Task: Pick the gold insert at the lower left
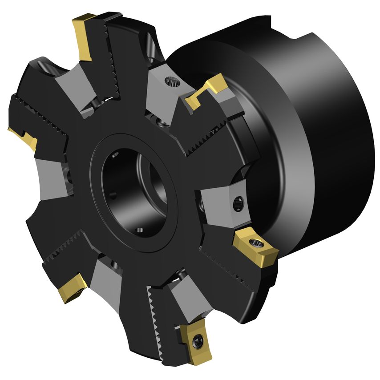(71, 287)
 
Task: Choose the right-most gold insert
(255, 247)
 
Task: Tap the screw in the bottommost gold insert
(198, 341)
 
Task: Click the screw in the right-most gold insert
(256, 243)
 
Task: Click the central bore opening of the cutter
(133, 187)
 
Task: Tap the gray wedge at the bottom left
(107, 285)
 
